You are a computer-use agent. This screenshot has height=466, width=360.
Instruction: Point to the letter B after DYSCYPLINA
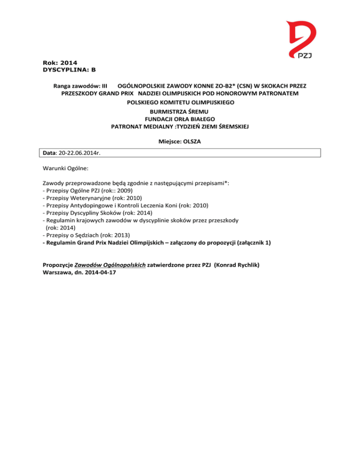(93, 70)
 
